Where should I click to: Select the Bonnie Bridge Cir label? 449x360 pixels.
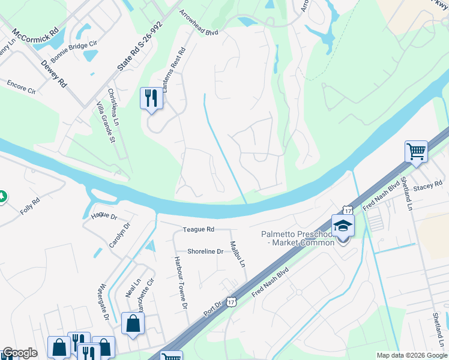pyautogui.click(x=73, y=52)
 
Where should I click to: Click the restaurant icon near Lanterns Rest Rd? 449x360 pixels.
pyautogui.click(x=151, y=98)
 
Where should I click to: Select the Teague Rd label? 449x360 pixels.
pyautogui.click(x=199, y=229)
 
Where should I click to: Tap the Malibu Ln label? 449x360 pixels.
pyautogui.click(x=238, y=254)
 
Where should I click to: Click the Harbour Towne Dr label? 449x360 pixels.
pyautogui.click(x=181, y=283)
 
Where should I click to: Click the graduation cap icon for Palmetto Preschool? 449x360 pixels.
pyautogui.click(x=343, y=226)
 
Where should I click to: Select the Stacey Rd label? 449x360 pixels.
pyautogui.click(x=427, y=187)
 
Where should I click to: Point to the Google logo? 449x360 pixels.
pyautogui.click(x=20, y=353)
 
